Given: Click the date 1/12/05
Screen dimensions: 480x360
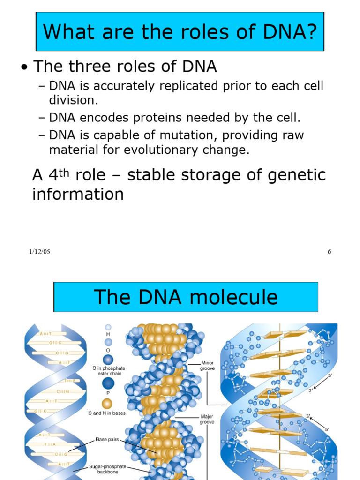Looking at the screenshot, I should pos(39,252).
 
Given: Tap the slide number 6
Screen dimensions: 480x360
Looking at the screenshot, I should pos(329,252).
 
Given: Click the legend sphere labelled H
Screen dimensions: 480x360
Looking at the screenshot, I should pos(108,328).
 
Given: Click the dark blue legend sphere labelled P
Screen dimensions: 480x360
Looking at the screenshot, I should pos(108,384).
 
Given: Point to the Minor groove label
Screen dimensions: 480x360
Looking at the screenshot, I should pos(207,366).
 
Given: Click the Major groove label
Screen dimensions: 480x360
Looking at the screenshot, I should pos(207,419).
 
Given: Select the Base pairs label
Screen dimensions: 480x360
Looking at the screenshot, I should pos(107,440).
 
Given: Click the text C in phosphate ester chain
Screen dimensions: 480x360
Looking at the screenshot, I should pos(108,371).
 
